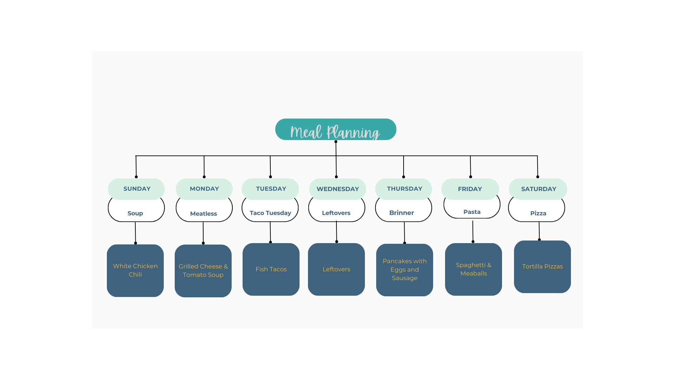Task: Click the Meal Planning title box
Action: coord(336,129)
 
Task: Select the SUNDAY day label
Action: coord(136,189)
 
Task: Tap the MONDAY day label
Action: coord(204,189)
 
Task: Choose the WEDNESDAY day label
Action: coord(337,189)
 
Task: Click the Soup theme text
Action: coord(135,213)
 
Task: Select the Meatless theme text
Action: coord(204,214)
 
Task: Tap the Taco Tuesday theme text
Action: coord(270,213)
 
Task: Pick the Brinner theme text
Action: coord(401,213)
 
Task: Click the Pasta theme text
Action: coord(472,212)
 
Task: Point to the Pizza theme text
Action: coord(538,213)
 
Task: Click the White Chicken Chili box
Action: coord(135,271)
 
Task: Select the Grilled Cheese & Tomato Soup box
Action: coord(203,271)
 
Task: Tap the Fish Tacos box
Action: coord(271,269)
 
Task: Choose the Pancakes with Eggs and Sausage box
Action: coord(405,270)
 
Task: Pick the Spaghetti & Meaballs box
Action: coord(474,269)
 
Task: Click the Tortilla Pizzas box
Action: coord(542,267)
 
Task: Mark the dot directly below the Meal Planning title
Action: coord(336,142)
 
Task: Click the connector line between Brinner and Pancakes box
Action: coord(404,232)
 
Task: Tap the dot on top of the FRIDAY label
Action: coord(471,177)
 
